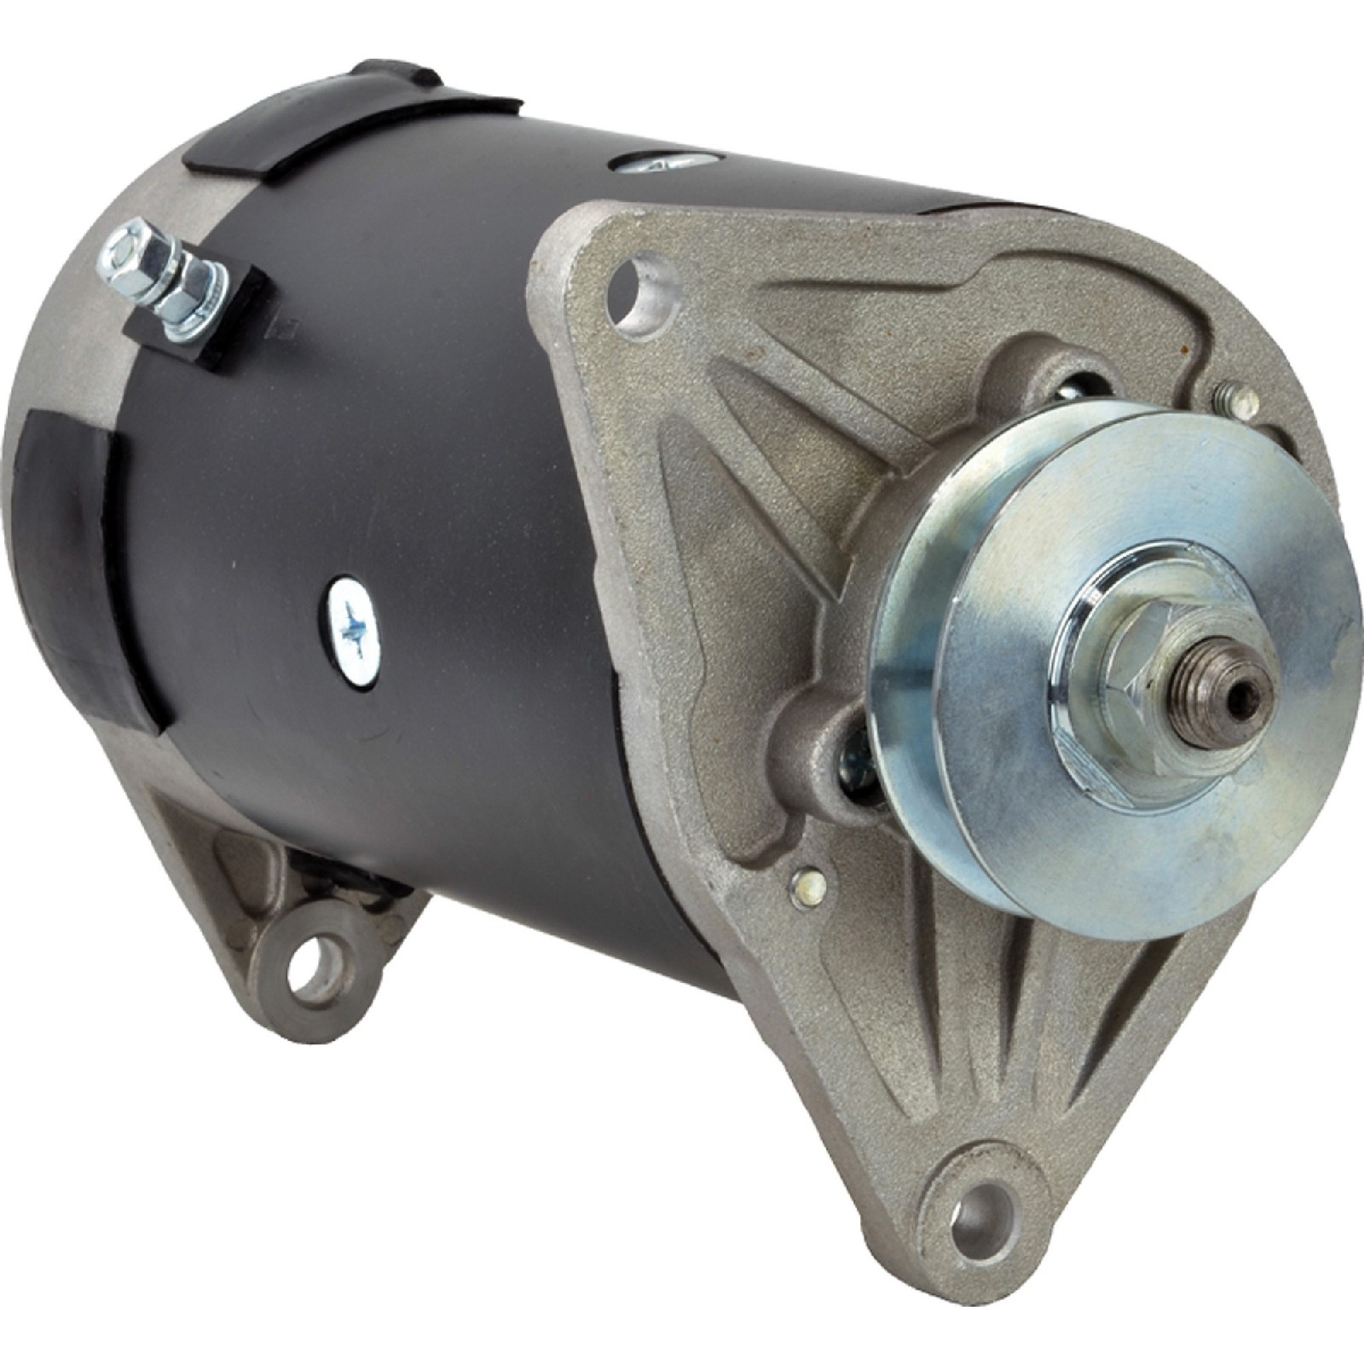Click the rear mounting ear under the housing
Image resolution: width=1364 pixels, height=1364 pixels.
coord(281,921)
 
